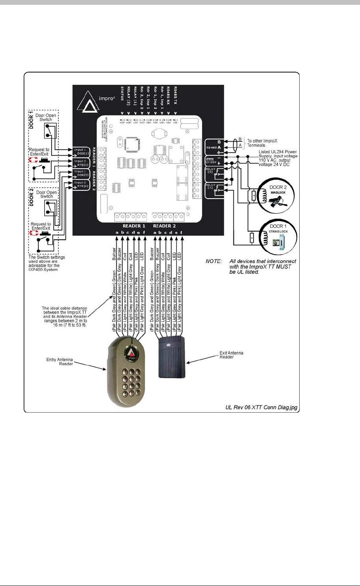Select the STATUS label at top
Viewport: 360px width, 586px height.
[x=122, y=93]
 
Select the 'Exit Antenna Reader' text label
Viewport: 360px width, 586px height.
[x=231, y=355]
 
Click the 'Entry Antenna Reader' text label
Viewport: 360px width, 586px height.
[x=60, y=361]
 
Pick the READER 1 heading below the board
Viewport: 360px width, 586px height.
[x=134, y=226]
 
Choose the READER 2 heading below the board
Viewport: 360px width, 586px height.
[x=164, y=226]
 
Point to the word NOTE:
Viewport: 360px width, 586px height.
[x=214, y=261]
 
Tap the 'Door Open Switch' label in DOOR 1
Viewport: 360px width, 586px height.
[x=46, y=117]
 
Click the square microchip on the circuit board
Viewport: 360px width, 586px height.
[x=131, y=143]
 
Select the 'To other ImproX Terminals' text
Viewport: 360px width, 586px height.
[x=261, y=143]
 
